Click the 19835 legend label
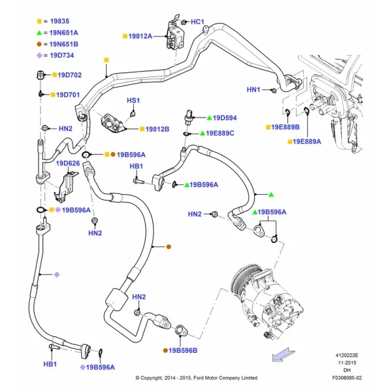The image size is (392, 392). point(59,22)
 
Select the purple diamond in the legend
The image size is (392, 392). point(39,56)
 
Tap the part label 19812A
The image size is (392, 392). point(140,36)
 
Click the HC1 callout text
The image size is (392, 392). point(197,22)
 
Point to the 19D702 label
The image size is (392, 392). point(69,75)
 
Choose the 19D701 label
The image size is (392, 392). point(68,95)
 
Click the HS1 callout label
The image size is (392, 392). point(133,101)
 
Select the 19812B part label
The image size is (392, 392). point(157,129)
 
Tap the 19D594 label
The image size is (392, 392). point(225,118)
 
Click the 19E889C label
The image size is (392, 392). point(220,133)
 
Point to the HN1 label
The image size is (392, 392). point(253,90)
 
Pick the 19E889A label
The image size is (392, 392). point(307,142)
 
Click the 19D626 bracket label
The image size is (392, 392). point(68,163)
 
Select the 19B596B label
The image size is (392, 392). point(183,350)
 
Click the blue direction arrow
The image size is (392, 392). point(284,355)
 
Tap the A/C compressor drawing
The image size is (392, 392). point(267,302)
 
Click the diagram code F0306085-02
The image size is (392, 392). point(347,378)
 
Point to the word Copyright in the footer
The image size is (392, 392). point(152,378)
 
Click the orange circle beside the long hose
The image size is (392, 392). point(169,247)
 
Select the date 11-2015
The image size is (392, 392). point(347,363)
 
